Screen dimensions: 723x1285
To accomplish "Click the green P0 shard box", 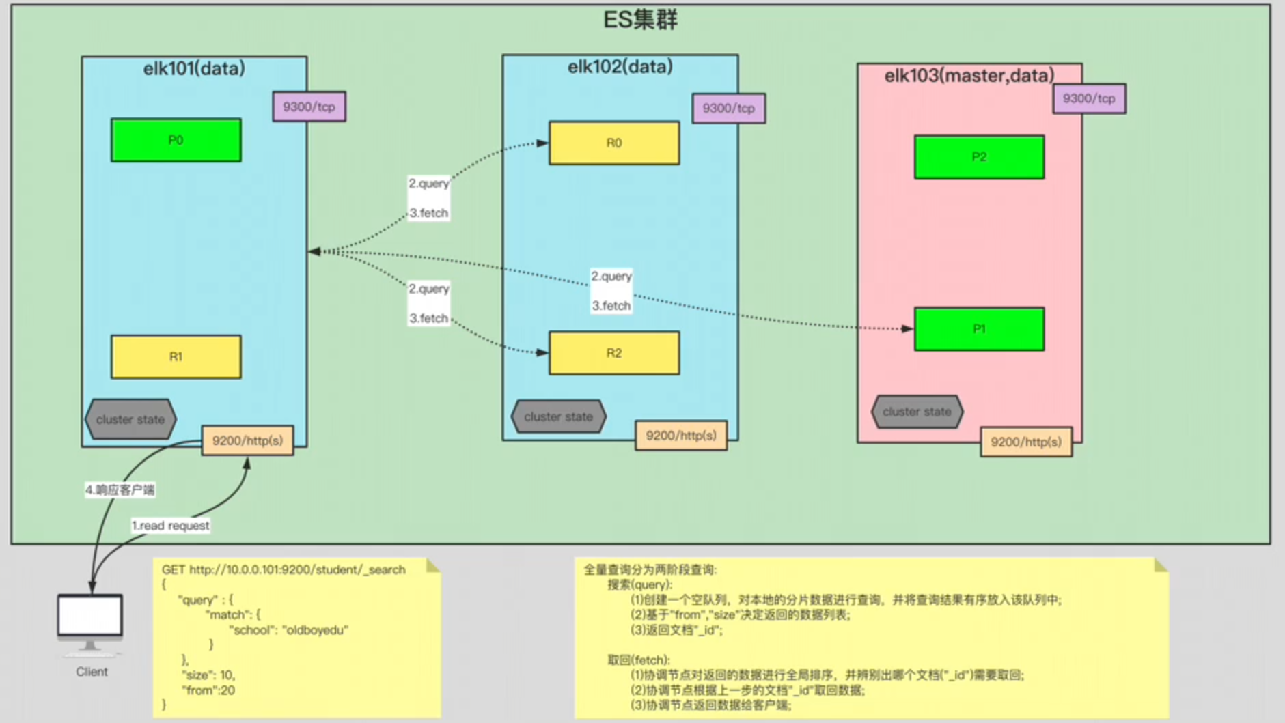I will coord(176,140).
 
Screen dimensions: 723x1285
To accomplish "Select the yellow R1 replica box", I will coord(176,356).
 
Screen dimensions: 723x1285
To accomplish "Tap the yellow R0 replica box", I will coord(613,143).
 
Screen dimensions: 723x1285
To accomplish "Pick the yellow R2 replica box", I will coord(613,353).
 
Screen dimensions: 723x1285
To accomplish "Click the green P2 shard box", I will coord(979,157).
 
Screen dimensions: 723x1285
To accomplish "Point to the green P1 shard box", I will coord(979,329).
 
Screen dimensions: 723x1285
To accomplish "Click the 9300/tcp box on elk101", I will coord(309,107).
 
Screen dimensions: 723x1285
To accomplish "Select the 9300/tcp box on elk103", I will coord(1088,98).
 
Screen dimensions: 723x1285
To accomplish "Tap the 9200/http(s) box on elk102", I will coord(680,436).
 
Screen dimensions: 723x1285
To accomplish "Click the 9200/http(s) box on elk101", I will coord(247,440).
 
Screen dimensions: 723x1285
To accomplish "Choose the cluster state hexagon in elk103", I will coord(916,412).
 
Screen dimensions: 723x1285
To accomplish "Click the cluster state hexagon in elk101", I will coord(130,419).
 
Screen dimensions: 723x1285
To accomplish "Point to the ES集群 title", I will coord(640,20).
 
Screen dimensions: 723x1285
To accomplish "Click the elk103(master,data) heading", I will coord(969,75).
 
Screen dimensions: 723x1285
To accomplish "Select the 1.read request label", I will coord(171,526).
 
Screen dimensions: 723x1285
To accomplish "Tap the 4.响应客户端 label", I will coord(120,490).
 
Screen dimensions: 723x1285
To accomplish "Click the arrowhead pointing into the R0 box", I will coord(542,143).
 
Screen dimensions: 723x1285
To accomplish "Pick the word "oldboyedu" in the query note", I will coord(315,629).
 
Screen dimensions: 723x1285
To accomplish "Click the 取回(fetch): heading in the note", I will coord(638,660).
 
